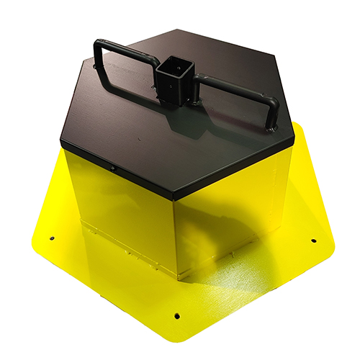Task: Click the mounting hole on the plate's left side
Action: pos(52,238)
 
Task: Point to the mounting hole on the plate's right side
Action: pos(312,240)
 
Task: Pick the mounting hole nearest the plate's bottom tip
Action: pos(177,315)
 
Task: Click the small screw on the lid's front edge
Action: pos(113,168)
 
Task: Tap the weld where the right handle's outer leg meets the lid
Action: pos(270,128)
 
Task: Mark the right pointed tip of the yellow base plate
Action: pos(334,248)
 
